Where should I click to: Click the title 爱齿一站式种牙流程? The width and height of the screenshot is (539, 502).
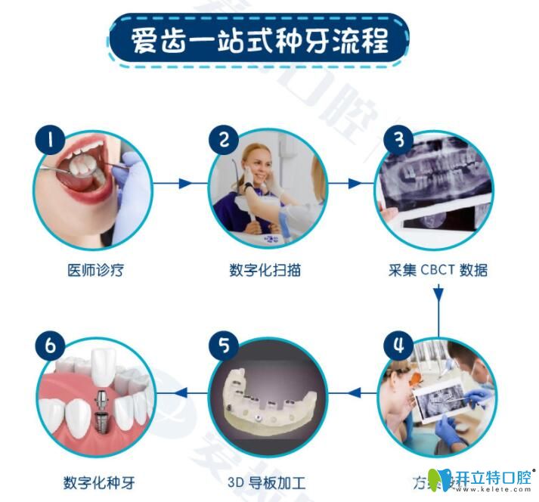(259, 39)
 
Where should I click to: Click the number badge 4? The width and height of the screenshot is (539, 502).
(398, 347)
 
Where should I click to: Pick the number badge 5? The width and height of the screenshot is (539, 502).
(224, 347)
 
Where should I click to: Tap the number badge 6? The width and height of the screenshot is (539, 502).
(51, 347)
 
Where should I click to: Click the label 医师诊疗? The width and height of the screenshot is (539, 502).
(93, 270)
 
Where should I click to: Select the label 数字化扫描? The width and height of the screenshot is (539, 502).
(265, 270)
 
